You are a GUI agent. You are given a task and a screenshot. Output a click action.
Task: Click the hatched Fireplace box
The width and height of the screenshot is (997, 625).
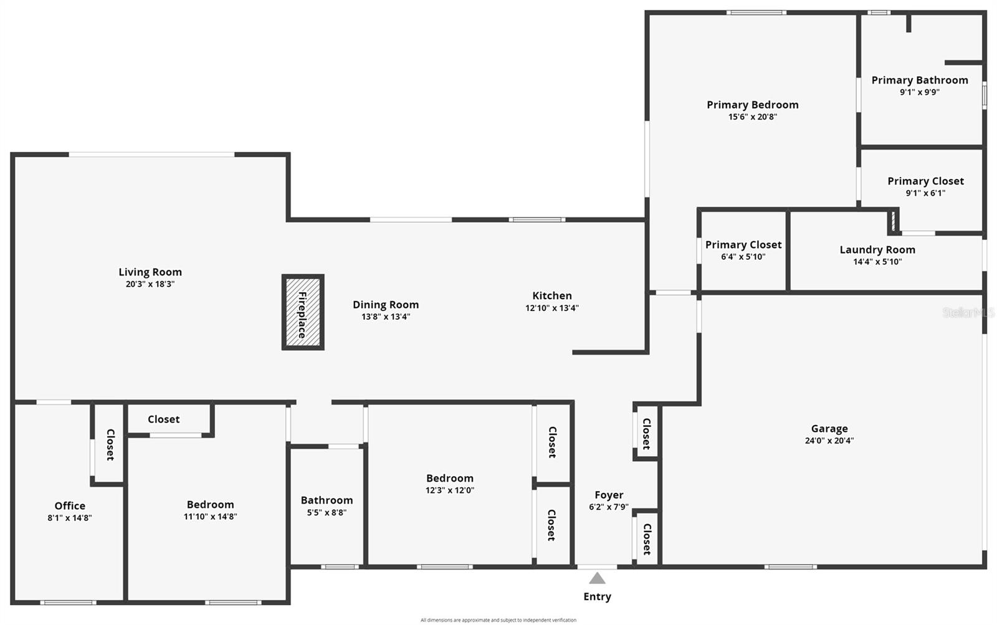pyautogui.click(x=303, y=312)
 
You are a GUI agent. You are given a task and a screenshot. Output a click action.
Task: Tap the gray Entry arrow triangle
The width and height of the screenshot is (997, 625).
pyautogui.click(x=597, y=578)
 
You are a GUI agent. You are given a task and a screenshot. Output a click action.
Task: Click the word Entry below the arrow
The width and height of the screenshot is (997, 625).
pyautogui.click(x=597, y=596)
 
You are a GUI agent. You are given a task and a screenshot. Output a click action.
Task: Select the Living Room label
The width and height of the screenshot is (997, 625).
pyautogui.click(x=150, y=272)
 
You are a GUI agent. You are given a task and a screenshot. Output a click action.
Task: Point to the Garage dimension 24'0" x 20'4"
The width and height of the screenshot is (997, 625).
pyautogui.click(x=829, y=441)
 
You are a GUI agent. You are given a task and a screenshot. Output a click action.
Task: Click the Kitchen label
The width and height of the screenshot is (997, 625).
pyautogui.click(x=551, y=295)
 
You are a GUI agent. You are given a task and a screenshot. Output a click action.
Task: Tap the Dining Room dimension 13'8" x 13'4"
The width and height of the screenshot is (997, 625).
pyautogui.click(x=386, y=317)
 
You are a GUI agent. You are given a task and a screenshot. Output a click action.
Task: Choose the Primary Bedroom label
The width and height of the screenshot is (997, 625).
pyautogui.click(x=752, y=105)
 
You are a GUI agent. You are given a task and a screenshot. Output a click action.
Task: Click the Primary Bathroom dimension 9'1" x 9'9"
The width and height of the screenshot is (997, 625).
pyautogui.click(x=919, y=92)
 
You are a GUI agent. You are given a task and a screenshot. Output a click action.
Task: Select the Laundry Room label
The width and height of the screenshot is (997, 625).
pyautogui.click(x=877, y=250)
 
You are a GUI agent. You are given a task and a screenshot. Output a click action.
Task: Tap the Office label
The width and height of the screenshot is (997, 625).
pyautogui.click(x=70, y=505)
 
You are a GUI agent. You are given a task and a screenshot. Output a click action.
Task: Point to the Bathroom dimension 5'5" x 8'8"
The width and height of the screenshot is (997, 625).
pyautogui.click(x=327, y=513)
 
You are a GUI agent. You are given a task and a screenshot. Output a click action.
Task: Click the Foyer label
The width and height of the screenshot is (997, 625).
pyautogui.click(x=609, y=495)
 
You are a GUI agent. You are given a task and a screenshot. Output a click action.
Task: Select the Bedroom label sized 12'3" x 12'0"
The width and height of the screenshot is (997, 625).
pyautogui.click(x=449, y=479)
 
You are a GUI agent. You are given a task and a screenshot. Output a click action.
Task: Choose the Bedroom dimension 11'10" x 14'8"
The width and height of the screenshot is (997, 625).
pyautogui.click(x=210, y=517)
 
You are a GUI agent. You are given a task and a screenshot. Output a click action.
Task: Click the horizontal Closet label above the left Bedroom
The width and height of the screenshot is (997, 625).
pyautogui.click(x=163, y=419)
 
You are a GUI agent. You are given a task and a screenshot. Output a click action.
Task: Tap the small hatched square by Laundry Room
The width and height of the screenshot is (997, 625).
pyautogui.click(x=893, y=221)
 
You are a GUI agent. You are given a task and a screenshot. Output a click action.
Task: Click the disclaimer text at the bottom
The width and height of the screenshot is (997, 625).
pyautogui.click(x=498, y=620)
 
